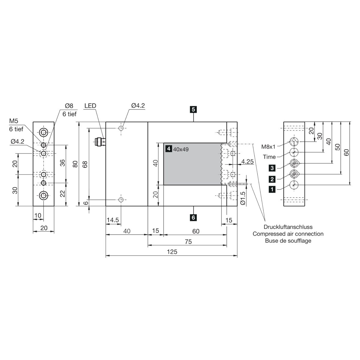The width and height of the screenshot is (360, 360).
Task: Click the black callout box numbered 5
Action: tap(193, 109)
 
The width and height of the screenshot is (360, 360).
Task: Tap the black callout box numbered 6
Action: tap(193, 217)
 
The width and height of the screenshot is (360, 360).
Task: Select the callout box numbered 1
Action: tap(272, 189)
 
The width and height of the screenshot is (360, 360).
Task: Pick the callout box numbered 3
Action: tap(272, 168)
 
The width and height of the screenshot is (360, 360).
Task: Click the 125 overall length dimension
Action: tap(172, 252)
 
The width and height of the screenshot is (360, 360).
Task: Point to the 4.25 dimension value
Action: tap(247, 161)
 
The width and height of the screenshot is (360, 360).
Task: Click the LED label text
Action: tap(90, 106)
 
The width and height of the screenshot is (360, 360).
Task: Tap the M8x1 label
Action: tap(268, 147)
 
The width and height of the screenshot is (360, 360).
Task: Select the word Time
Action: tap(269, 157)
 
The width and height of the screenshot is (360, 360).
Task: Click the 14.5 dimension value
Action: tap(113, 220)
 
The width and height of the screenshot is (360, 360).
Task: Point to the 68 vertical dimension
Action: tap(85, 164)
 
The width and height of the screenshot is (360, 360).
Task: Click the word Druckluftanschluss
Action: tap(288, 227)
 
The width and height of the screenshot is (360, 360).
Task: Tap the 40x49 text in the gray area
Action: tap(181, 149)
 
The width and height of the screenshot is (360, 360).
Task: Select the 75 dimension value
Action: tap(188, 242)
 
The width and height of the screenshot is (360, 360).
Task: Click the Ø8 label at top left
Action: tap(69, 106)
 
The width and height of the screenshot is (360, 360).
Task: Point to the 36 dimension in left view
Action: tap(63, 163)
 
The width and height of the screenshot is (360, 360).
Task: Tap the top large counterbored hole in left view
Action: tap(43, 133)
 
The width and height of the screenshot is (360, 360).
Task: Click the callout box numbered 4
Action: tap(169, 149)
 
